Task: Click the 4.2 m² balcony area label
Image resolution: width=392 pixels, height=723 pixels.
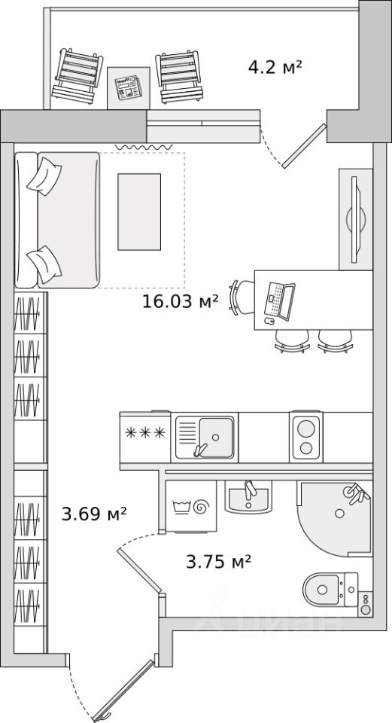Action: pyautogui.click(x=275, y=67)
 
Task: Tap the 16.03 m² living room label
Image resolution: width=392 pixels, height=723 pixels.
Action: pyautogui.click(x=180, y=301)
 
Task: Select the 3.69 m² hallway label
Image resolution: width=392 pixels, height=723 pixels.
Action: pyautogui.click(x=94, y=513)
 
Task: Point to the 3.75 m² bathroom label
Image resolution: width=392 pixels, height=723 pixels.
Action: pyautogui.click(x=218, y=561)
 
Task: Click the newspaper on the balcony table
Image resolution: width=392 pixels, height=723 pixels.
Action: pyautogui.click(x=129, y=87)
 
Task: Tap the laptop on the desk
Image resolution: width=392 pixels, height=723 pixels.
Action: pyautogui.click(x=280, y=301)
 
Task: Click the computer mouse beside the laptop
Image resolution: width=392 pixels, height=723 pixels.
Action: pyautogui.click(x=269, y=321)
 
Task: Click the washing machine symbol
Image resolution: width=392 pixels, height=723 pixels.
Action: pyautogui.click(x=190, y=507)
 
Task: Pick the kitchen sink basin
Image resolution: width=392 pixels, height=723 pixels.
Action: pyautogui.click(x=216, y=437)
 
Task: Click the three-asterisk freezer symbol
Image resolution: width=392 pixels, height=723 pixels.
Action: pyautogui.click(x=145, y=432)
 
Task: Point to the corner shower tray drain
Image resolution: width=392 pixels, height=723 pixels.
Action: pyautogui.click(x=339, y=513)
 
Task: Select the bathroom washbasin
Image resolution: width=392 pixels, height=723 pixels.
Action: pyautogui.click(x=248, y=497)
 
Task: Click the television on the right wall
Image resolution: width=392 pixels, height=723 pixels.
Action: pyautogui.click(x=355, y=219)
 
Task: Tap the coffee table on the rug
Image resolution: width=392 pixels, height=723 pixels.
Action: pyautogui.click(x=139, y=212)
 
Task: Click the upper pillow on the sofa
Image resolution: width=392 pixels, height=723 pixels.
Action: pyautogui.click(x=44, y=176)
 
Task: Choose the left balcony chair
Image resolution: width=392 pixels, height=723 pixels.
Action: pyautogui.click(x=77, y=76)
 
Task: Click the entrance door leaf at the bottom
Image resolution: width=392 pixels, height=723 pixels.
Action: pyautogui.click(x=123, y=691)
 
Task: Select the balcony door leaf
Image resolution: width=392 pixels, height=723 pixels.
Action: pyautogui.click(x=305, y=145)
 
